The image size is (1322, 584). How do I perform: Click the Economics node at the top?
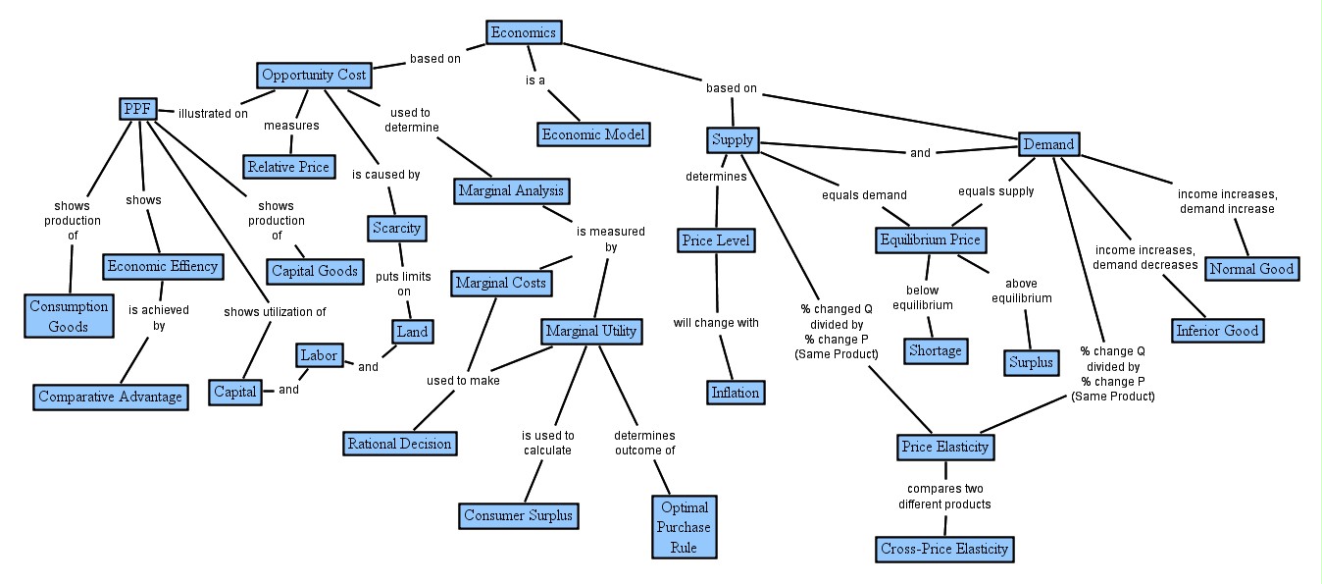[524, 32]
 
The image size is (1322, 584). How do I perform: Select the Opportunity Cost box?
[314, 75]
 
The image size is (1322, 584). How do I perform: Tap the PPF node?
[137, 109]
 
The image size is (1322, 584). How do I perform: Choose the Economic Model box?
[594, 133]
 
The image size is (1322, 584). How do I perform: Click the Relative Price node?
[288, 167]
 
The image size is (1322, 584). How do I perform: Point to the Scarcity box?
[396, 229]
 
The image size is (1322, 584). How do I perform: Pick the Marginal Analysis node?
[511, 190]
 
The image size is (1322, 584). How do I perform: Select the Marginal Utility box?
[590, 331]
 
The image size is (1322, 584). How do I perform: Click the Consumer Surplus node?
[518, 515]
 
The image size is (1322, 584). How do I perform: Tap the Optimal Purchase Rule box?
[685, 527]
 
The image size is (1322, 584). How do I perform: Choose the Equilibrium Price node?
[930, 239]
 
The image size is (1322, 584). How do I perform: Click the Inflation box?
[736, 393]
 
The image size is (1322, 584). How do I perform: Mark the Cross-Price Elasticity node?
[943, 549]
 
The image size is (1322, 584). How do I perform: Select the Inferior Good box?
[1217, 331]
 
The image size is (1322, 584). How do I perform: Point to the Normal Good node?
[1251, 269]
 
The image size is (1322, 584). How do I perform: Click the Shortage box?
[936, 350]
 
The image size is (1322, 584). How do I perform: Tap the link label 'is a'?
[534, 80]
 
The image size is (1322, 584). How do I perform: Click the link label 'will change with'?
[715, 323]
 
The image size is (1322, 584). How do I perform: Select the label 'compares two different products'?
[944, 497]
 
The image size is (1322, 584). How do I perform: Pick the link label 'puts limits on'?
[403, 284]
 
